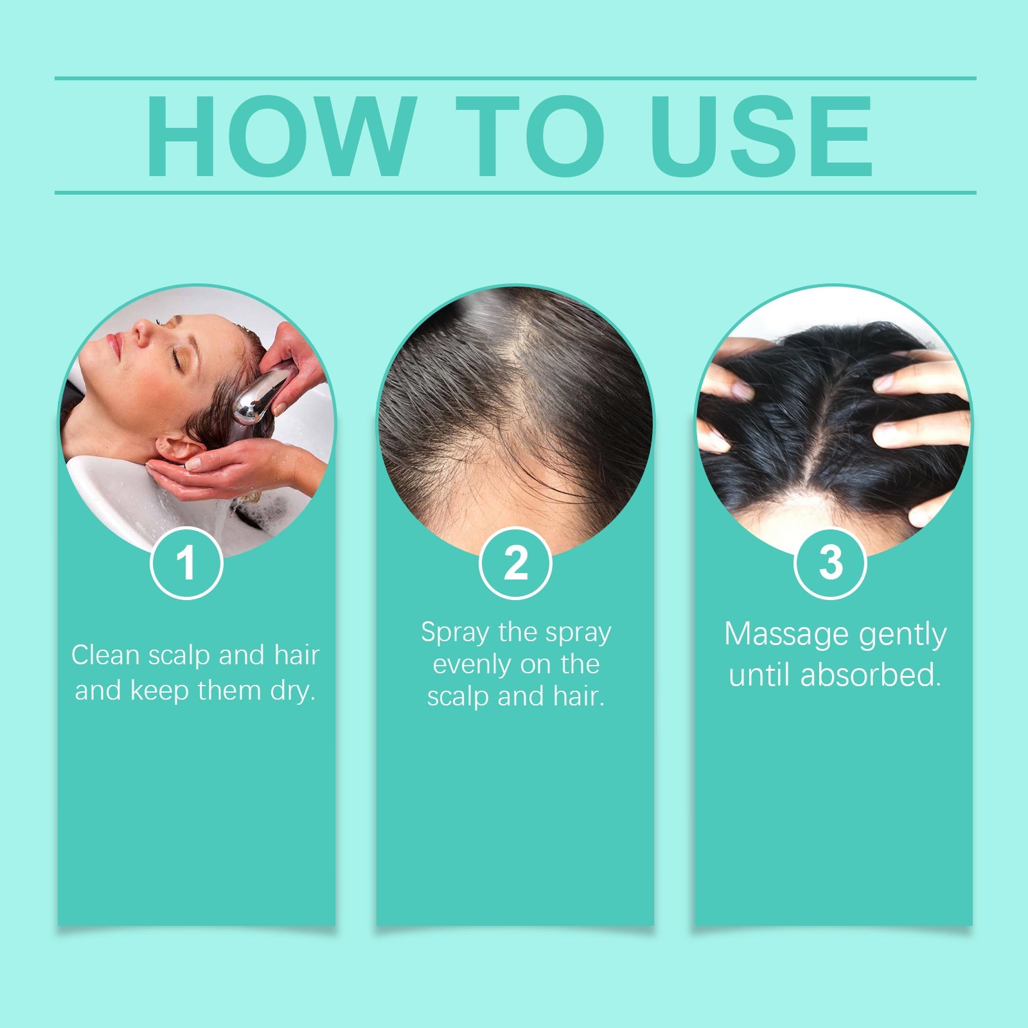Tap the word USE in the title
(x=762, y=136)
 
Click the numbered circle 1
(x=186, y=563)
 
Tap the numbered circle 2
(x=515, y=563)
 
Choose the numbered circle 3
(x=830, y=563)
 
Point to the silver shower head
(x=260, y=395)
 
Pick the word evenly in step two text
(x=472, y=664)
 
